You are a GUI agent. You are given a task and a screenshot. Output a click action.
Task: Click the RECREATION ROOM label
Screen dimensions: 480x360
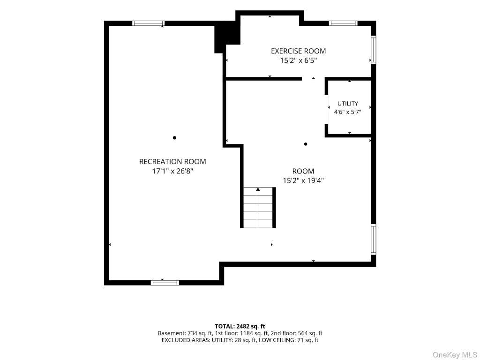pyautogui.click(x=172, y=162)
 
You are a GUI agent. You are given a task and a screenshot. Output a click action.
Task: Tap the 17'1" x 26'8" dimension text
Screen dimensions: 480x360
pyautogui.click(x=172, y=171)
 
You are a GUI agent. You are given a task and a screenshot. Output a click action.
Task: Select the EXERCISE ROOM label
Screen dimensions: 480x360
pyautogui.click(x=298, y=51)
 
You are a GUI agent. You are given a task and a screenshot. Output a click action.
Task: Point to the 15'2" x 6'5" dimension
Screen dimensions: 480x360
pyautogui.click(x=298, y=60)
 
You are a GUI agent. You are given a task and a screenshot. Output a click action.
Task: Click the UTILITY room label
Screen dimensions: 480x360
pyautogui.click(x=347, y=104)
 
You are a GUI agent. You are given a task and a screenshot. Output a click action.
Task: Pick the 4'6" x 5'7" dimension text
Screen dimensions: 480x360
pyautogui.click(x=347, y=112)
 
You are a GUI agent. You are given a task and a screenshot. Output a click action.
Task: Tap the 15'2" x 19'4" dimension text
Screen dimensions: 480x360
pyautogui.click(x=303, y=180)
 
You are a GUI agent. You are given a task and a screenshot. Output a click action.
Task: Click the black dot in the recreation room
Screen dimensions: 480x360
pyautogui.click(x=174, y=138)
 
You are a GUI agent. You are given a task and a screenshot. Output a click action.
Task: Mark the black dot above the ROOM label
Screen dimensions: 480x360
pyautogui.click(x=306, y=144)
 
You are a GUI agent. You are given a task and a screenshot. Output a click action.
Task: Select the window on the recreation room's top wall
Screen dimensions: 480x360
pyautogui.click(x=149, y=23)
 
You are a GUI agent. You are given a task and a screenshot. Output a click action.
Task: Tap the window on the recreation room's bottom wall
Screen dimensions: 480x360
pyautogui.click(x=165, y=283)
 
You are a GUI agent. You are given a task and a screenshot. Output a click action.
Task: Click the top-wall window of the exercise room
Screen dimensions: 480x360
pyautogui.click(x=343, y=23)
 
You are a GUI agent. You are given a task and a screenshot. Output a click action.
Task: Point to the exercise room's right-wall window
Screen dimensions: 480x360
pyautogui.click(x=374, y=50)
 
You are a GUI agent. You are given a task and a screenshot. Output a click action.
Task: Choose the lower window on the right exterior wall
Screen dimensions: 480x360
pyautogui.click(x=374, y=240)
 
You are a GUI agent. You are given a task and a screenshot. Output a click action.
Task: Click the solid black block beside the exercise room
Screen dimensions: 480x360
pyautogui.click(x=227, y=37)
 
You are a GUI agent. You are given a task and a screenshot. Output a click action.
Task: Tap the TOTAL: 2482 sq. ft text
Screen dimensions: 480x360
pyautogui.click(x=240, y=326)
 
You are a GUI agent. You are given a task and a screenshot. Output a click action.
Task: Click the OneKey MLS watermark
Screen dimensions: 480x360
pyautogui.click(x=455, y=355)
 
